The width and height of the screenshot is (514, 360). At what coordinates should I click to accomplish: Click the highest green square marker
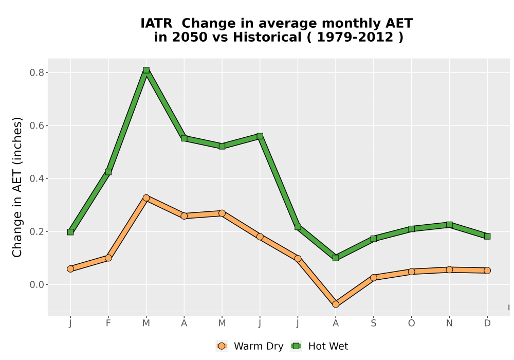click(146, 70)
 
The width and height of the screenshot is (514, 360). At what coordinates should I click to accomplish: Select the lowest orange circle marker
click(336, 304)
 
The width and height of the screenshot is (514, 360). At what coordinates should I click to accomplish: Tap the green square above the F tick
click(108, 172)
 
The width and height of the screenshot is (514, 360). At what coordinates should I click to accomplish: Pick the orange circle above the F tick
click(108, 258)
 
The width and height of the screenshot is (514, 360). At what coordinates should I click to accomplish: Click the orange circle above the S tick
click(373, 277)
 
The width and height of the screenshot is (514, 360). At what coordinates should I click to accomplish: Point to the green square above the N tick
click(449, 225)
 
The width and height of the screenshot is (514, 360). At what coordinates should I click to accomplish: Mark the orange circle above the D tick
click(487, 271)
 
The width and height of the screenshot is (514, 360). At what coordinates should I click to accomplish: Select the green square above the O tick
click(411, 229)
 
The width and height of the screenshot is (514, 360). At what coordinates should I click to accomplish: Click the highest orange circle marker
click(146, 197)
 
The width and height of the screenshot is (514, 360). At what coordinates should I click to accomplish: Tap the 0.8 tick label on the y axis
click(36, 73)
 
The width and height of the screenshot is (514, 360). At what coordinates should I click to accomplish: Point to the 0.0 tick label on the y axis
click(36, 284)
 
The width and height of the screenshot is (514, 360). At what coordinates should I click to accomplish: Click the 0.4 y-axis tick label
click(36, 178)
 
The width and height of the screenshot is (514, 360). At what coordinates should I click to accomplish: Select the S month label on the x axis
click(373, 323)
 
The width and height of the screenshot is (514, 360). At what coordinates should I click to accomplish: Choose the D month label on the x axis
click(487, 323)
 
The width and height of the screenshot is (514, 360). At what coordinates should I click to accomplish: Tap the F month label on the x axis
click(108, 323)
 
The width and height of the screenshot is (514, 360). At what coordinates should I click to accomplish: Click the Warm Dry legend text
click(259, 346)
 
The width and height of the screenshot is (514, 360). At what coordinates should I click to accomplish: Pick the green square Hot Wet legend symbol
click(297, 346)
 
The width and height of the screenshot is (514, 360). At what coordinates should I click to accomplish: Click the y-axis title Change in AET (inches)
click(17, 187)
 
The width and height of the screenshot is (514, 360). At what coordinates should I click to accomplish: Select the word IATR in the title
click(156, 23)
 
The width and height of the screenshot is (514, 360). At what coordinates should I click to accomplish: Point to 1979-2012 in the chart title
click(355, 37)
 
